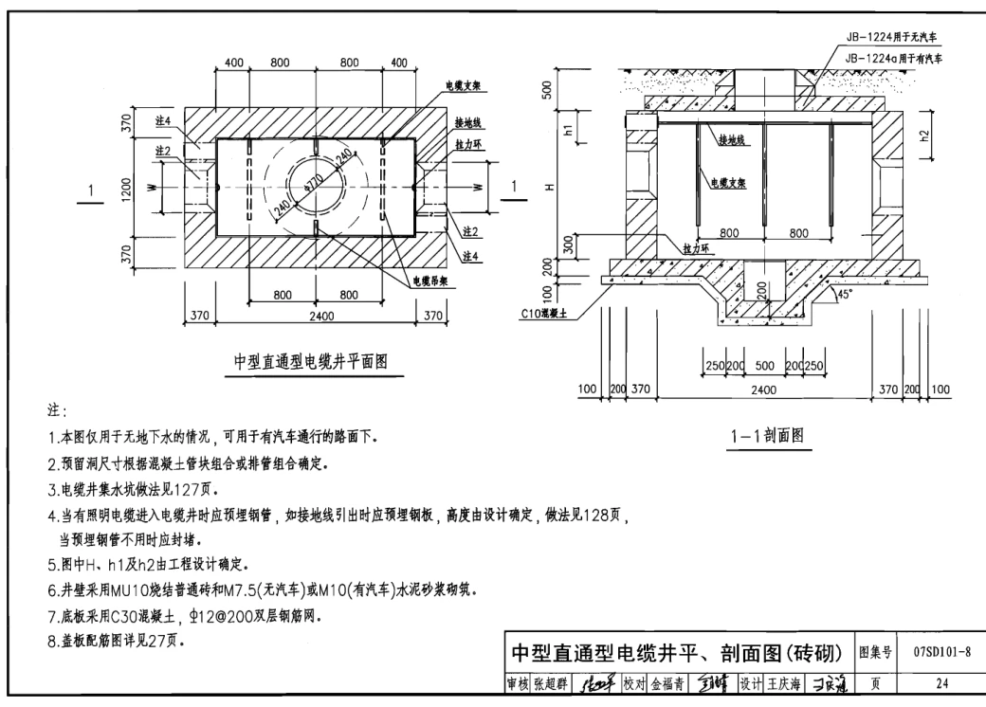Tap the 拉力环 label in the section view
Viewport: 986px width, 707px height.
pyautogui.click(x=697, y=245)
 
